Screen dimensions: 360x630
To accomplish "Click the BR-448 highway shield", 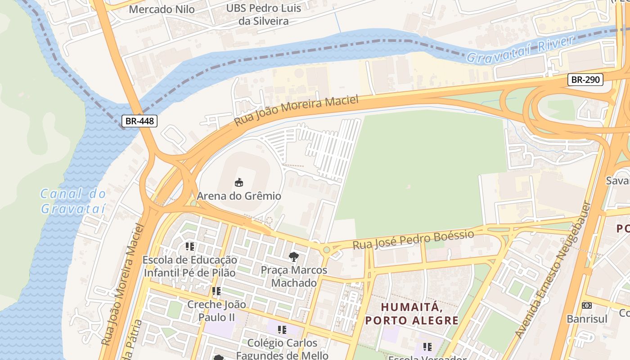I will coord(139,121).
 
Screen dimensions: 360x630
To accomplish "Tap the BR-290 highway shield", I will coord(585,80).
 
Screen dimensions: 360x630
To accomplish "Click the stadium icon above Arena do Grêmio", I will coord(239,182).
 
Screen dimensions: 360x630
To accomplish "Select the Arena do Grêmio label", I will coord(239,196).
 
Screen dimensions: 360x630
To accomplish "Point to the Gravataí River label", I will coord(521,49).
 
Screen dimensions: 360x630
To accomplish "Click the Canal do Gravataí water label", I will coord(73,201).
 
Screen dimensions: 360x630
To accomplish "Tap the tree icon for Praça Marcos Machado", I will coord(294,257).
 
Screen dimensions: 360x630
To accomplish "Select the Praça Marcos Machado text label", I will coord(294,276).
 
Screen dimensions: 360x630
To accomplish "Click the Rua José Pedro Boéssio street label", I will coord(413,240).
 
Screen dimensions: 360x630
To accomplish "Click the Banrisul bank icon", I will coord(586,306).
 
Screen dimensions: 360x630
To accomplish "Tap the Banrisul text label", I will coord(586,319).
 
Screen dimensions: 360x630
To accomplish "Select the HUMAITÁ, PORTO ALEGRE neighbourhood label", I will coord(411,314).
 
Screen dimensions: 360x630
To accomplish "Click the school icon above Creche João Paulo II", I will coord(216,291).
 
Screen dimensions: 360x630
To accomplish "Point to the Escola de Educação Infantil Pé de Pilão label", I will coord(189,266).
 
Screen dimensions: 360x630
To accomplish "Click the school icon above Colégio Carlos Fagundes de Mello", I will coord(282,330).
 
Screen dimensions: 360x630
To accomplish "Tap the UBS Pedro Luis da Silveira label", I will coord(257,14).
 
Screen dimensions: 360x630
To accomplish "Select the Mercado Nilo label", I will coord(162,9).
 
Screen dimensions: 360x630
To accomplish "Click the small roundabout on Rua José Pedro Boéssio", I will coord(326,249).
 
